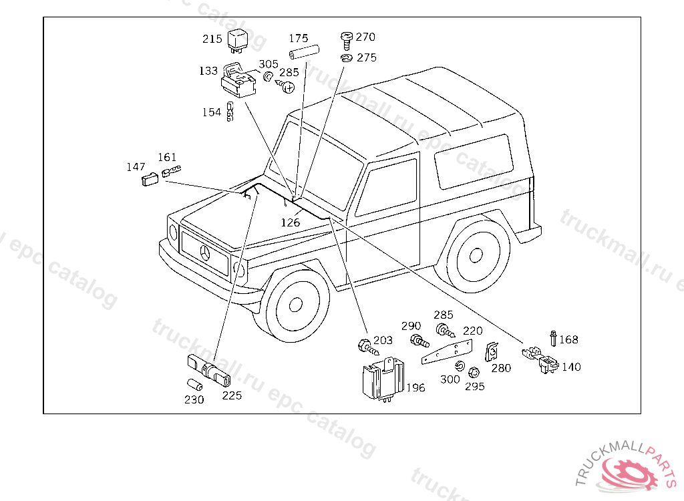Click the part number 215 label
tap(212, 39)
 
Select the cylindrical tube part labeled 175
tap(304, 52)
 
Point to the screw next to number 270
tap(347, 41)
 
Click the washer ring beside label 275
tap(347, 58)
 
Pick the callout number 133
tap(208, 71)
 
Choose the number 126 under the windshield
tap(290, 222)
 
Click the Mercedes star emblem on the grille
tap(205, 253)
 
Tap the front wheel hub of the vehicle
tap(296, 304)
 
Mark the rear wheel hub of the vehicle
tap(476, 255)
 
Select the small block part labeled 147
tap(150, 179)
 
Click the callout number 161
tap(167, 157)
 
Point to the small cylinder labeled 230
tap(194, 385)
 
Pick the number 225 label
tap(232, 395)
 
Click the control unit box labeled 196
tap(383, 378)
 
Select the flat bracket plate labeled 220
tap(447, 352)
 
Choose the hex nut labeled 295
tap(473, 373)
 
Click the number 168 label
tap(568, 339)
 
